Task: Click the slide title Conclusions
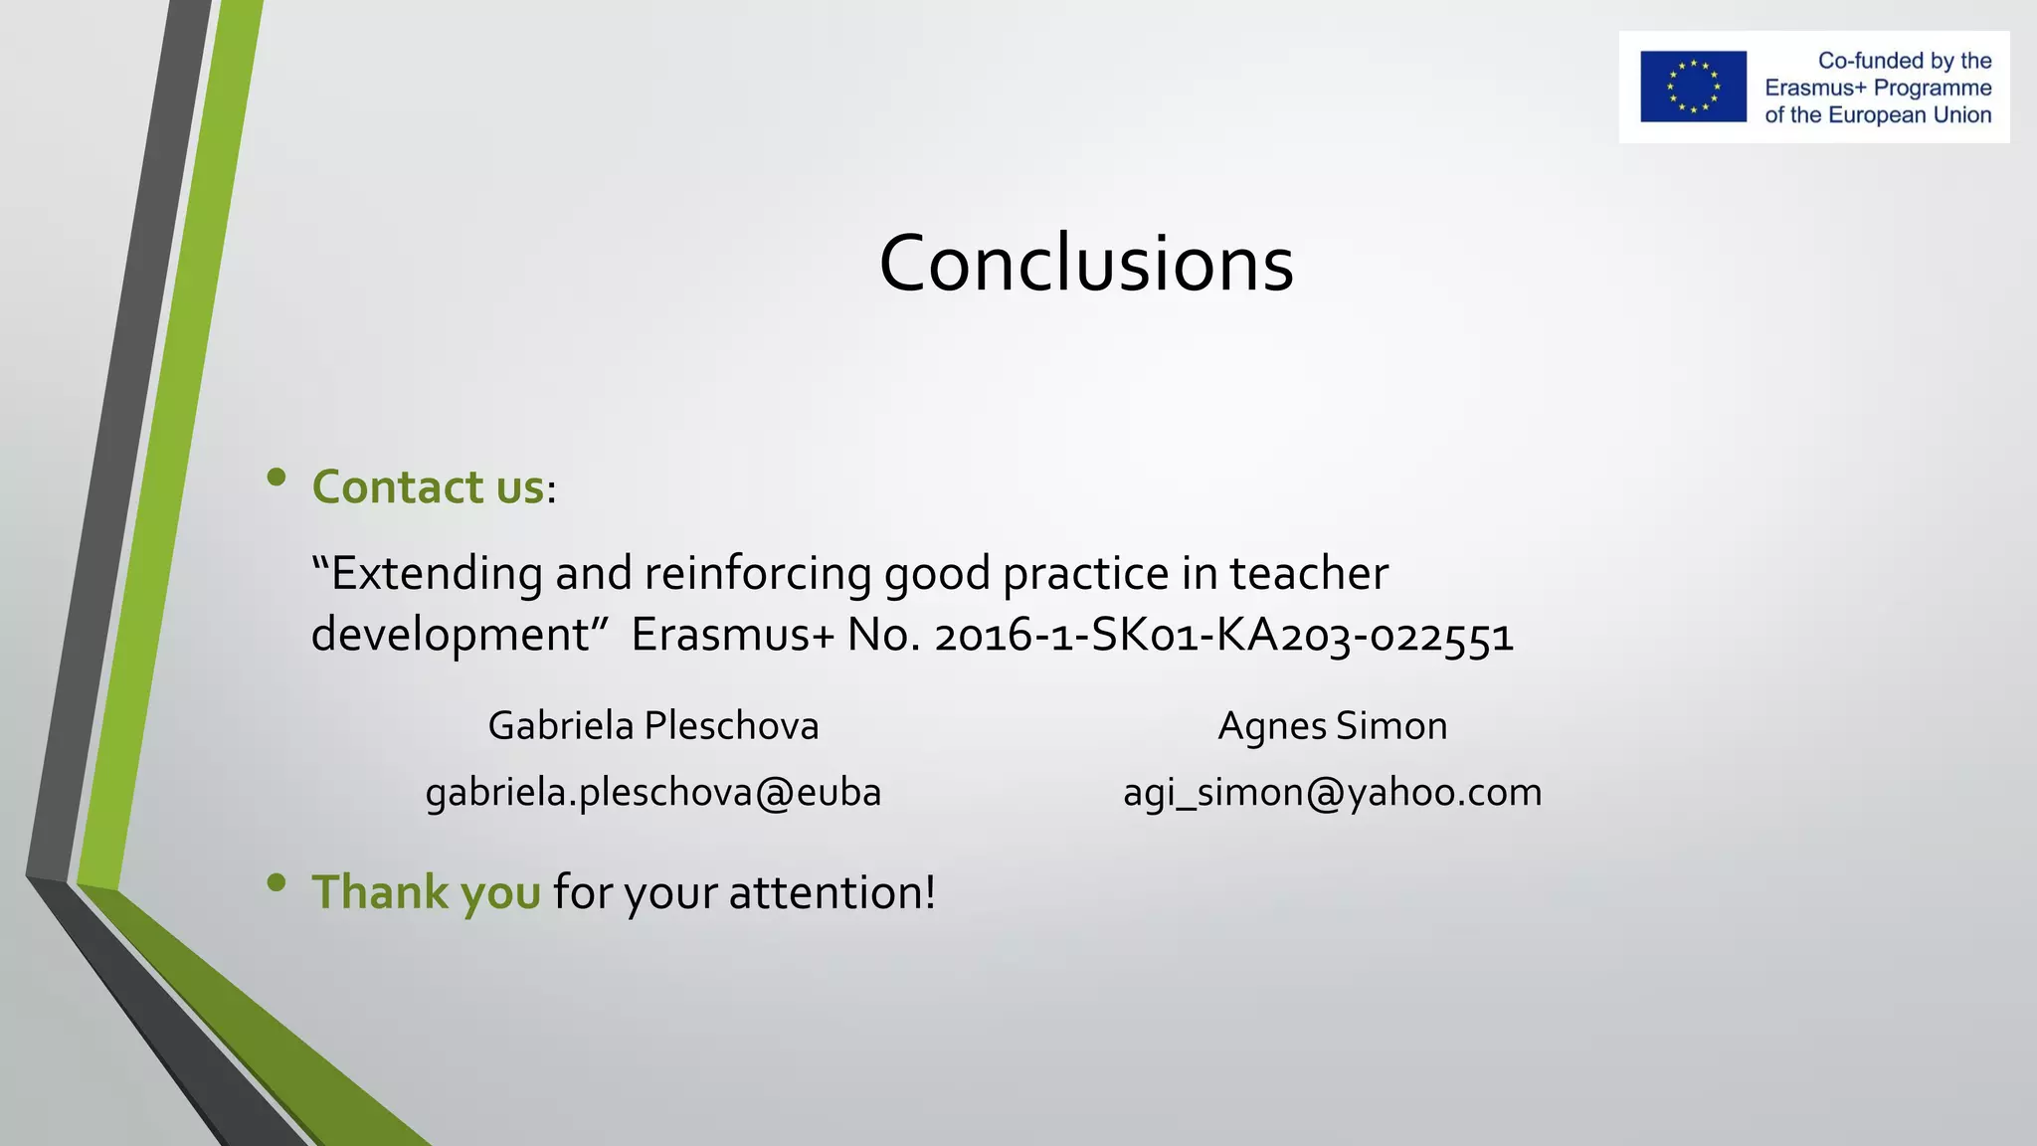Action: click(1086, 264)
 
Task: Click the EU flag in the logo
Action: click(1693, 87)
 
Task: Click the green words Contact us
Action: click(428, 487)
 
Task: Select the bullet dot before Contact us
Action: click(277, 477)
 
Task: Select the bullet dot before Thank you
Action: click(277, 881)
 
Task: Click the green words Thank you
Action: click(426, 892)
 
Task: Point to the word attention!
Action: click(832, 892)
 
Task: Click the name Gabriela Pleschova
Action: click(652, 726)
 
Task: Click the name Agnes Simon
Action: click(1332, 726)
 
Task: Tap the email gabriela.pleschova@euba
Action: click(652, 793)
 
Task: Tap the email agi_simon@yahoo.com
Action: click(1332, 793)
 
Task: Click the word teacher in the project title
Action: click(1308, 574)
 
